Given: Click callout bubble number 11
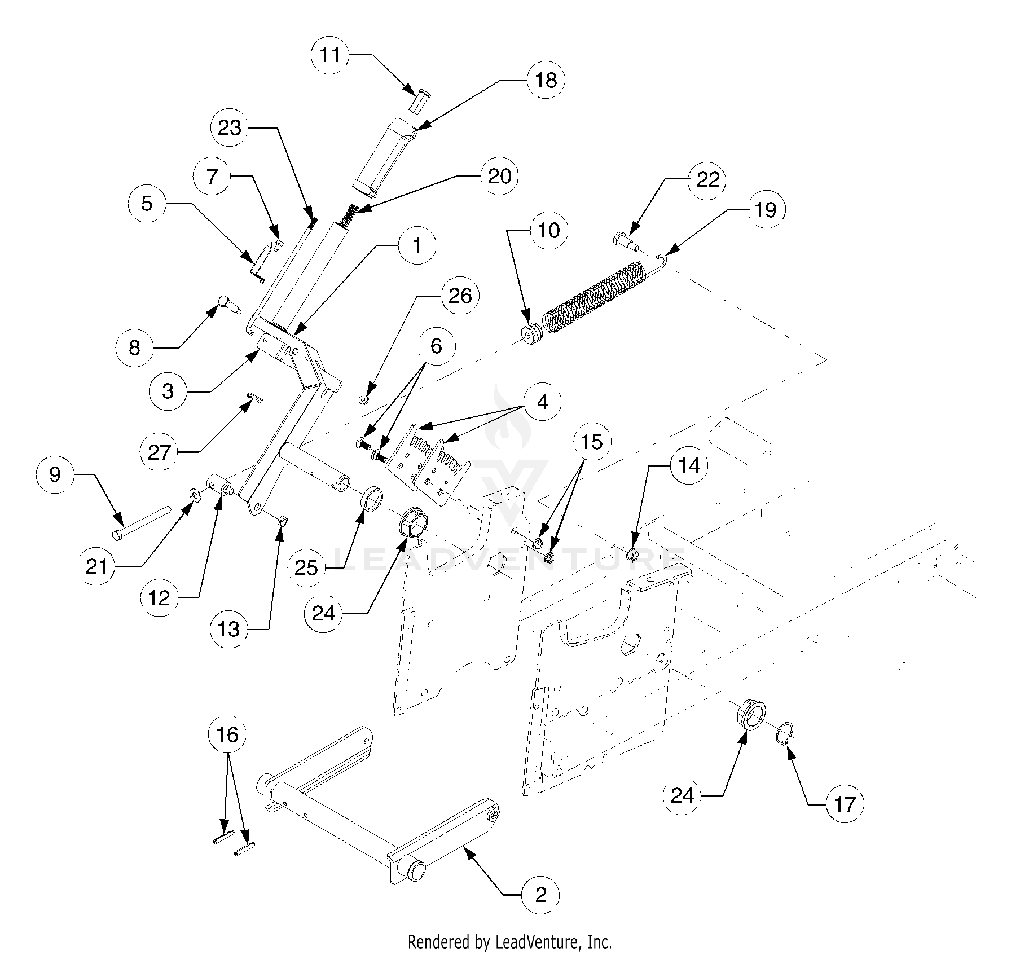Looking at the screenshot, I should [x=330, y=55].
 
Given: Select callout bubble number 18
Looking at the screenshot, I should [x=546, y=80].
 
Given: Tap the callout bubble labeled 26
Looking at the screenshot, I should [x=460, y=296].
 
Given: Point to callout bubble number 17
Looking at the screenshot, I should [x=845, y=804].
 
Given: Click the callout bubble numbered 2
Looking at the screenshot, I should [x=540, y=895].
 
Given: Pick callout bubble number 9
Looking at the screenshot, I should [x=55, y=474].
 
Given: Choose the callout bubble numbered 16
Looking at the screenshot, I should [x=227, y=735].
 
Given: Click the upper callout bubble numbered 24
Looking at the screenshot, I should [x=324, y=613].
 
